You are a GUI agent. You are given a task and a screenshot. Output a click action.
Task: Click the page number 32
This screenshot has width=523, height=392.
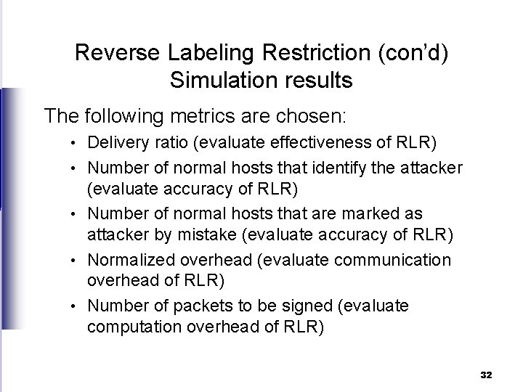(x=486, y=374)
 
